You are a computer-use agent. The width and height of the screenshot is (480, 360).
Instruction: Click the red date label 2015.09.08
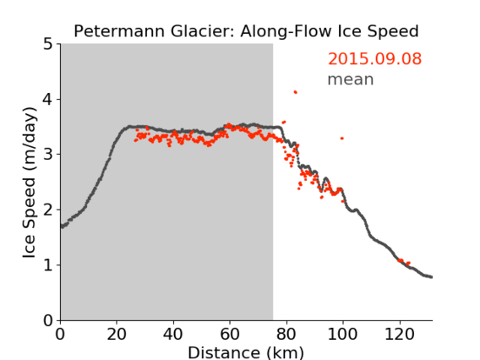click(374, 58)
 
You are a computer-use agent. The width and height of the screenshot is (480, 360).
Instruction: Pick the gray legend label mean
click(351, 79)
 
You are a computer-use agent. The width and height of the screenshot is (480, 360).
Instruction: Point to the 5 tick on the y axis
click(48, 44)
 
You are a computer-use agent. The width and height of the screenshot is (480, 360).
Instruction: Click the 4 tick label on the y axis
click(48, 99)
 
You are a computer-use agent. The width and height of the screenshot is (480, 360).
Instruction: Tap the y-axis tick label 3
click(48, 155)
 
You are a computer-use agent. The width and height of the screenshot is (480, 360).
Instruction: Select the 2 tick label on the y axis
click(48, 210)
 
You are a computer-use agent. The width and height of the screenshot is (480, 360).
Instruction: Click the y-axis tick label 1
click(48, 265)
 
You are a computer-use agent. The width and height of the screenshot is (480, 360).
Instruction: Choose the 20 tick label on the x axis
click(117, 334)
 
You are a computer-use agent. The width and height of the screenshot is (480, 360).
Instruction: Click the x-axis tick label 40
click(173, 334)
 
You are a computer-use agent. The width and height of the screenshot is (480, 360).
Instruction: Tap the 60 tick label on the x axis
click(230, 334)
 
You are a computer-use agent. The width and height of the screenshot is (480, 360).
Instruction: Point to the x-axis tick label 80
click(286, 334)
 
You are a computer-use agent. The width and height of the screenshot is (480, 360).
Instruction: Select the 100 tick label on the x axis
click(342, 334)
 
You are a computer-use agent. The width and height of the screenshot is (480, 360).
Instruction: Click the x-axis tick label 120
click(399, 334)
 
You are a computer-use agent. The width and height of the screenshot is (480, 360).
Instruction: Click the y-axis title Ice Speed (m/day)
click(30, 183)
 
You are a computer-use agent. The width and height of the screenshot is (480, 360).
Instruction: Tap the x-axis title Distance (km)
click(246, 352)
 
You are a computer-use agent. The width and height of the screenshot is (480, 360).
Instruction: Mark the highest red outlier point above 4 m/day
click(296, 92)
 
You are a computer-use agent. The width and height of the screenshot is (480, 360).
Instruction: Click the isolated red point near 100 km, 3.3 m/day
click(342, 139)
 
